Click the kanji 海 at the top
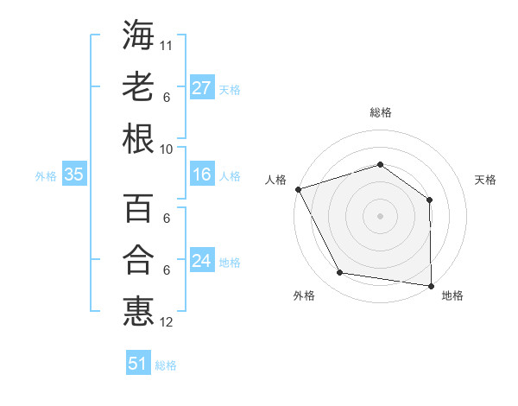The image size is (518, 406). pyautogui.click(x=139, y=35)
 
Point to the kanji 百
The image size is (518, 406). pyautogui.click(x=139, y=210)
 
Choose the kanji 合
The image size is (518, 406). pyautogui.click(x=139, y=260)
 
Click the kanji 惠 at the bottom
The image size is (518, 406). pyautogui.click(x=139, y=311)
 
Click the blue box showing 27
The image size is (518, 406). pyautogui.click(x=202, y=88)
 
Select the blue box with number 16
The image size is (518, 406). pyautogui.click(x=202, y=174)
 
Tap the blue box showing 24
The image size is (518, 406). pyautogui.click(x=202, y=261)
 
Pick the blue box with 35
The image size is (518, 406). pyautogui.click(x=73, y=174)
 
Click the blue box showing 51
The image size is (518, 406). pyautogui.click(x=138, y=364)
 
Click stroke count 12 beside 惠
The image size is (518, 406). pyautogui.click(x=167, y=322)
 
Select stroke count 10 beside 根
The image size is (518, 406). pyautogui.click(x=167, y=148)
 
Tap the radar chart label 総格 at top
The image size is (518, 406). pyautogui.click(x=380, y=112)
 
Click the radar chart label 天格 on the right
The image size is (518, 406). pyautogui.click(x=485, y=180)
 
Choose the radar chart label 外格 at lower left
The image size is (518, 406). pyautogui.click(x=304, y=295)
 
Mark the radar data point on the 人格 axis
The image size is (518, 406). pyautogui.click(x=298, y=189)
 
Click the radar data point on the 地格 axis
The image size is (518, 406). pyautogui.click(x=431, y=284)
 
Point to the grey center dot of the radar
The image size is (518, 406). pyautogui.click(x=380, y=215)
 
